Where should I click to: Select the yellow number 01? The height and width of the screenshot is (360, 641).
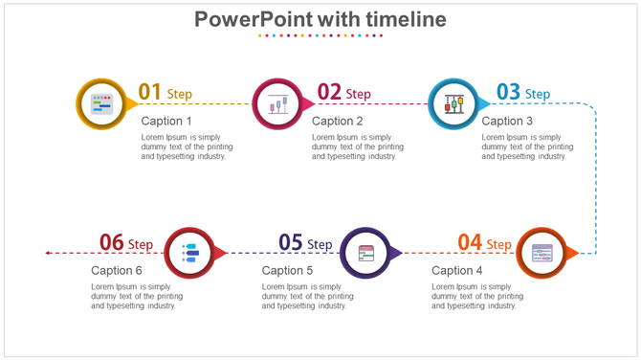(x=149, y=92)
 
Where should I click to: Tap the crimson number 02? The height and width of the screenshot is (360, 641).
(x=329, y=92)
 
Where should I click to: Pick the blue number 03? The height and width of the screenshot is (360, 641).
(x=508, y=92)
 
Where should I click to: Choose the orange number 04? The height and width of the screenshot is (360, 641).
(x=469, y=243)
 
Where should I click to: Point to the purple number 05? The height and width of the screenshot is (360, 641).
(x=290, y=243)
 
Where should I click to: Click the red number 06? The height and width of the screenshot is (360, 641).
(x=112, y=243)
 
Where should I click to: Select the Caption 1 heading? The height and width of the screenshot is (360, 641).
(x=166, y=121)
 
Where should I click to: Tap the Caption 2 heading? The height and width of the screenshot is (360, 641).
(x=338, y=121)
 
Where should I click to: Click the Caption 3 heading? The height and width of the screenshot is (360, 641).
(x=507, y=121)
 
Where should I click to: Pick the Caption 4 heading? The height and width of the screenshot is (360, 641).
(x=457, y=271)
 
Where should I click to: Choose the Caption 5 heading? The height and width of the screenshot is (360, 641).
(x=287, y=271)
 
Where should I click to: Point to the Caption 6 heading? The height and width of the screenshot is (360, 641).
(x=117, y=271)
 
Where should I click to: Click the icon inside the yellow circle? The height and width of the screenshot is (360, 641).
(x=100, y=103)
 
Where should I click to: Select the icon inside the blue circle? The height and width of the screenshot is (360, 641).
(x=453, y=103)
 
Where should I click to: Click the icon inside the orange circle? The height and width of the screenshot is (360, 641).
(x=542, y=253)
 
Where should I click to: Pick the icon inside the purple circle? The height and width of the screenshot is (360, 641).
(x=366, y=253)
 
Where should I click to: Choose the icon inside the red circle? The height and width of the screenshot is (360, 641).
(x=189, y=253)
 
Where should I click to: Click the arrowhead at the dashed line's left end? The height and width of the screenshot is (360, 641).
(x=48, y=253)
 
